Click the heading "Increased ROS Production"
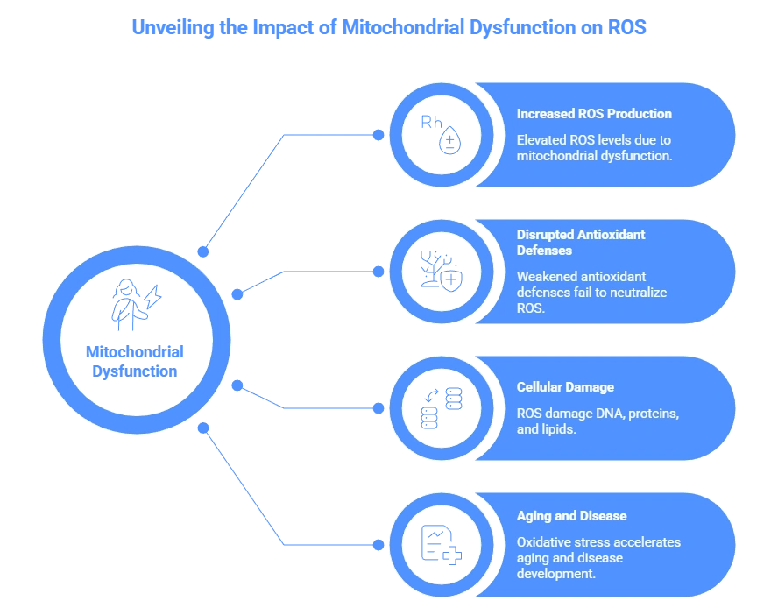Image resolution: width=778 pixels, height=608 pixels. pyautogui.click(x=594, y=114)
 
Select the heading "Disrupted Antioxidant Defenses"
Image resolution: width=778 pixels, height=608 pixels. pyautogui.click(x=581, y=242)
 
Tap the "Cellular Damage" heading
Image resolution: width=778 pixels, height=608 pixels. pyautogui.click(x=565, y=387)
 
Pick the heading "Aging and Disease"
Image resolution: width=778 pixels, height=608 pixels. pyautogui.click(x=571, y=516)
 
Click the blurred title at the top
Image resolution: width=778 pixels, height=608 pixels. pyautogui.click(x=389, y=27)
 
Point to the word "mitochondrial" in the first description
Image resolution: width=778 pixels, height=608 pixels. pyautogui.click(x=556, y=157)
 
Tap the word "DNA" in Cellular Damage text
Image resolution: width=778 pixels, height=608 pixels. pyautogui.click(x=607, y=413)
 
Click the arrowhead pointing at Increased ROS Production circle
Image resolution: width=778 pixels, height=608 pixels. pyautogui.click(x=379, y=135)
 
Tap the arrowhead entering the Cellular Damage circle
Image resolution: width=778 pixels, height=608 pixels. pyautogui.click(x=379, y=408)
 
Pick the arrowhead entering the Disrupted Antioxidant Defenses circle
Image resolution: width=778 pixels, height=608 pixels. pyautogui.click(x=379, y=272)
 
